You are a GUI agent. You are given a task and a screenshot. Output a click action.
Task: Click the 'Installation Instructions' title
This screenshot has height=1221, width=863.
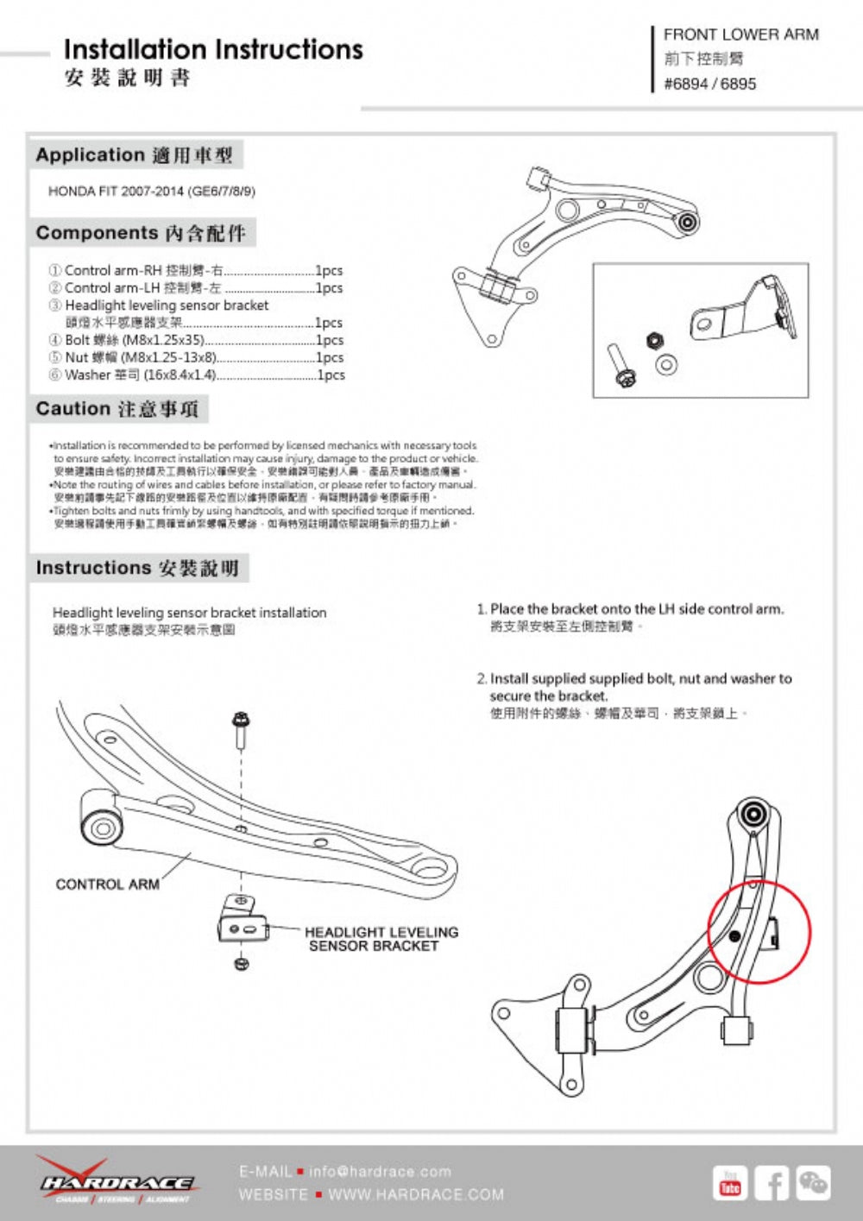coord(213,50)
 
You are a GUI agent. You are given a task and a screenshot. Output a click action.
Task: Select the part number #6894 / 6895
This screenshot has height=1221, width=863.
coord(709,84)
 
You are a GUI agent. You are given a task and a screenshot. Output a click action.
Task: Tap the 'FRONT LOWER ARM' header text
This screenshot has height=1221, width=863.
coord(740,35)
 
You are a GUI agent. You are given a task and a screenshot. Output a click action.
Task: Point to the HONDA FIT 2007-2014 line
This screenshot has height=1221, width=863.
coord(152,191)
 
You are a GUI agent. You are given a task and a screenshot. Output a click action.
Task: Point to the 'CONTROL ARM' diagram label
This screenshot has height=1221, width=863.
coord(107,884)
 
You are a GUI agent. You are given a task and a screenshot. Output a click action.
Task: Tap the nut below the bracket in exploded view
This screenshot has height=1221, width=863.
coord(241,963)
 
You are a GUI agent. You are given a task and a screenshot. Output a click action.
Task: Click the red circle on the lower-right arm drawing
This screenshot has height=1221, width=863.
coord(759,931)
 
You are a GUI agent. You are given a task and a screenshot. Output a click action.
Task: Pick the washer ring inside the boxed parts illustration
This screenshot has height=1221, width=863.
coord(665,365)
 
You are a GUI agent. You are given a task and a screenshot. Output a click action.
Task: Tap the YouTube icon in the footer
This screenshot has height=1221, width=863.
coord(730,1183)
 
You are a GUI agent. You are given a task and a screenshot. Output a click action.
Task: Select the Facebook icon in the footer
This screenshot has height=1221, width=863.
coord(772,1183)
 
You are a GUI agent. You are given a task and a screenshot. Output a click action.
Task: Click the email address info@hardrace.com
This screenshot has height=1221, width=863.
coord(380,1172)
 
